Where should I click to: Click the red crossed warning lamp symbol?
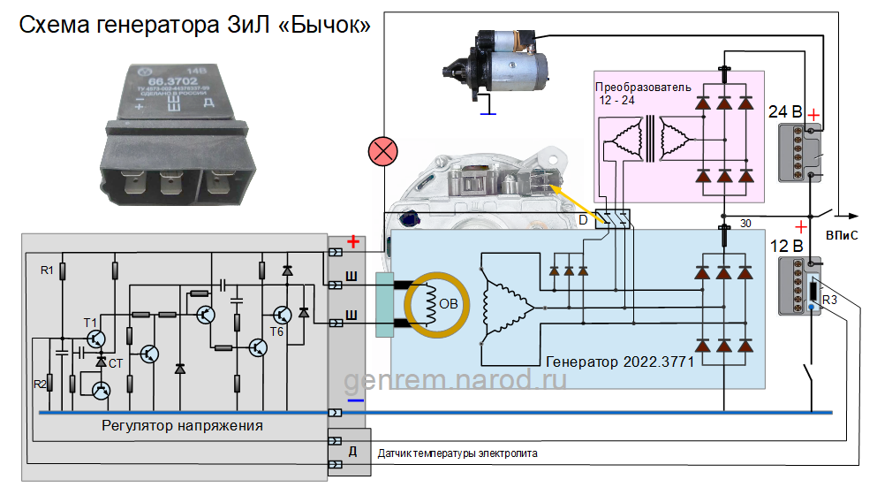[382, 152]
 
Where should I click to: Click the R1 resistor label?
[48, 269]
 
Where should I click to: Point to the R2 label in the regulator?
[40, 385]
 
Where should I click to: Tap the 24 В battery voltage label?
[785, 113]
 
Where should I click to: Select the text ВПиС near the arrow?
[842, 237]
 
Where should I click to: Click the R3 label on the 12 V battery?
[829, 301]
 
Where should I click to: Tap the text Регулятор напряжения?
[182, 426]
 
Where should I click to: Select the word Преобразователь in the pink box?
[642, 88]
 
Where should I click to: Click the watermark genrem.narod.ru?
[455, 380]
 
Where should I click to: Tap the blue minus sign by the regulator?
[355, 400]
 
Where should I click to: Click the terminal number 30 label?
[745, 223]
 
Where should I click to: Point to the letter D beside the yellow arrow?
[583, 217]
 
